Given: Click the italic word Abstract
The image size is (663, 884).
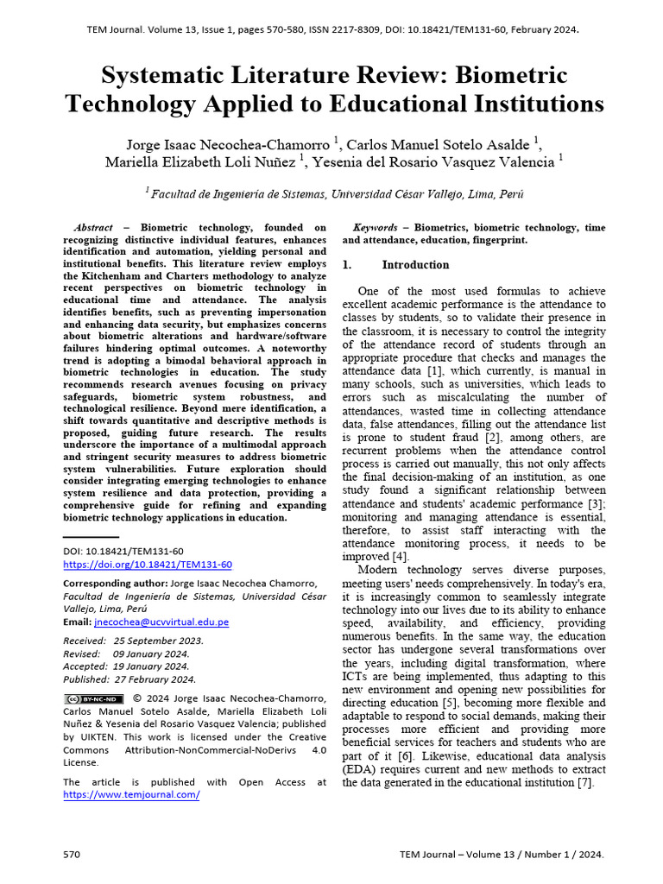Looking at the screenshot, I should pyautogui.click(x=94, y=227).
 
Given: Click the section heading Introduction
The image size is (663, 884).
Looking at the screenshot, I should pyautogui.click(x=415, y=265).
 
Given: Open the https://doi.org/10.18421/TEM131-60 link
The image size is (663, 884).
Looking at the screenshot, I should pyautogui.click(x=148, y=565).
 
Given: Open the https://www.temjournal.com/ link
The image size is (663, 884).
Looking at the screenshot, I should pyautogui.click(x=131, y=794).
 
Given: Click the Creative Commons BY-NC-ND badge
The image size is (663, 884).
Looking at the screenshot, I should pyautogui.click(x=88, y=698).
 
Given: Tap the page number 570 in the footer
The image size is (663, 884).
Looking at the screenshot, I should pyautogui.click(x=72, y=854).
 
